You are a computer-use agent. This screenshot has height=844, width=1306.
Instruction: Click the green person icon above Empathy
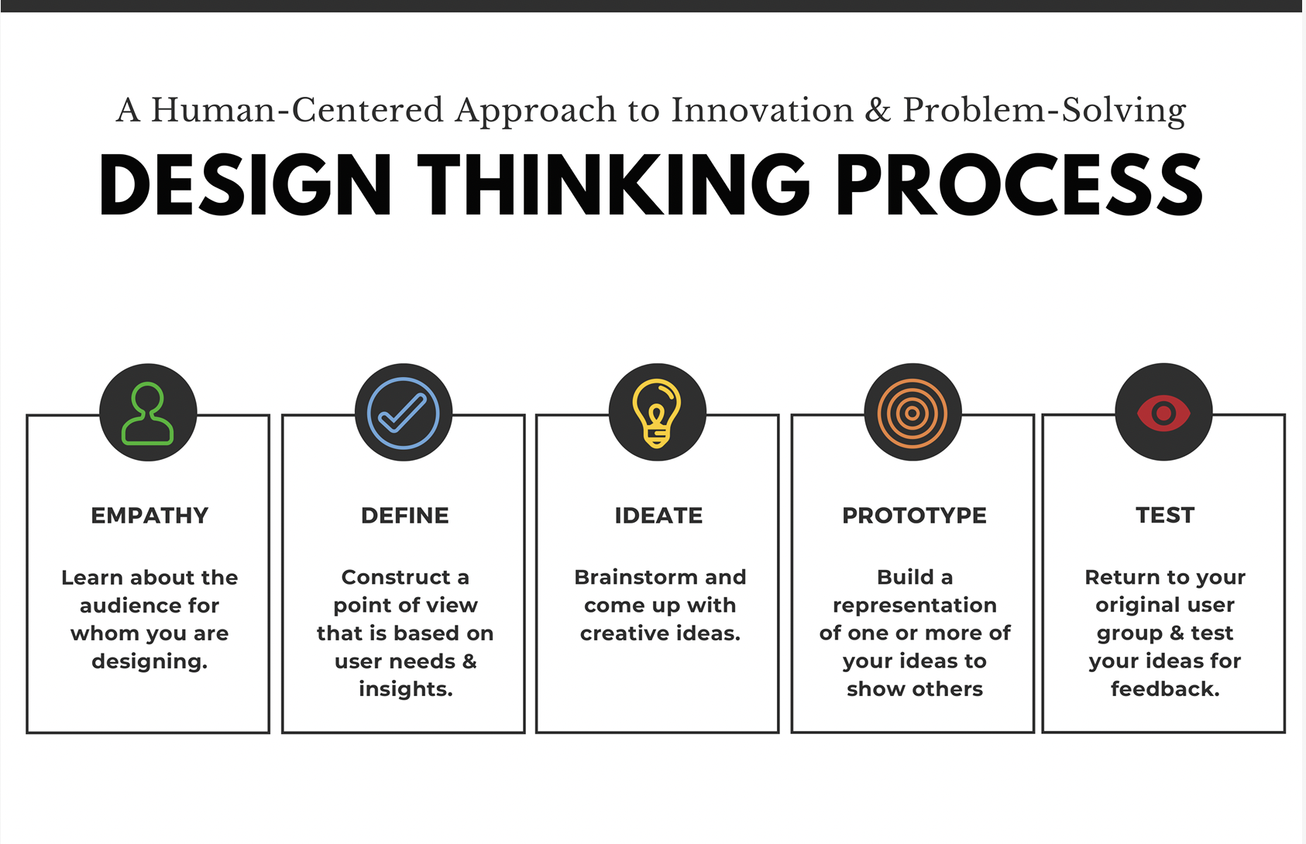148,413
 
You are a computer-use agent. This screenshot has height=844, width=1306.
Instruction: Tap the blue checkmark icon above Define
404,413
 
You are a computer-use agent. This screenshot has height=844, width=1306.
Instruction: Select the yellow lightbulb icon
657,413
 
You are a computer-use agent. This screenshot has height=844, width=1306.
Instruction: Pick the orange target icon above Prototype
912,413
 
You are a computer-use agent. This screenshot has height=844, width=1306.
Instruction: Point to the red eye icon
1163,413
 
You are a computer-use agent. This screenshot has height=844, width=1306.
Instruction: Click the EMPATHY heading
150,516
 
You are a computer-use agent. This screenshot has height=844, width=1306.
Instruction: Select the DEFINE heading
405,516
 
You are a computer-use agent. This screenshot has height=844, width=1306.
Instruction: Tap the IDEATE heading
658,516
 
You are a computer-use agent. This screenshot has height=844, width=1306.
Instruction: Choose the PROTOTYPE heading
914,516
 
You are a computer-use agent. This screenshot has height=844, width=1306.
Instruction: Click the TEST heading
1165,516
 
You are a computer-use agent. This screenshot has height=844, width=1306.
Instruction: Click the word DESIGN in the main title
246,186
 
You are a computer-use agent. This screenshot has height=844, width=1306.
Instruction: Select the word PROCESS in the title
1019,186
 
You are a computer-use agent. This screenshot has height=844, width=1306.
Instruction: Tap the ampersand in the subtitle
878,111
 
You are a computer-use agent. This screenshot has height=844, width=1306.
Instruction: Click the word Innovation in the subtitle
762,111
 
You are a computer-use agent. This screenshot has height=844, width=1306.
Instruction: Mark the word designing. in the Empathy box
150,662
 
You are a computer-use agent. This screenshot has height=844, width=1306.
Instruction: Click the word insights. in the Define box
405,689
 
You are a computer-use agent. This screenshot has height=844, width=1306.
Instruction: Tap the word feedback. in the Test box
1165,689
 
